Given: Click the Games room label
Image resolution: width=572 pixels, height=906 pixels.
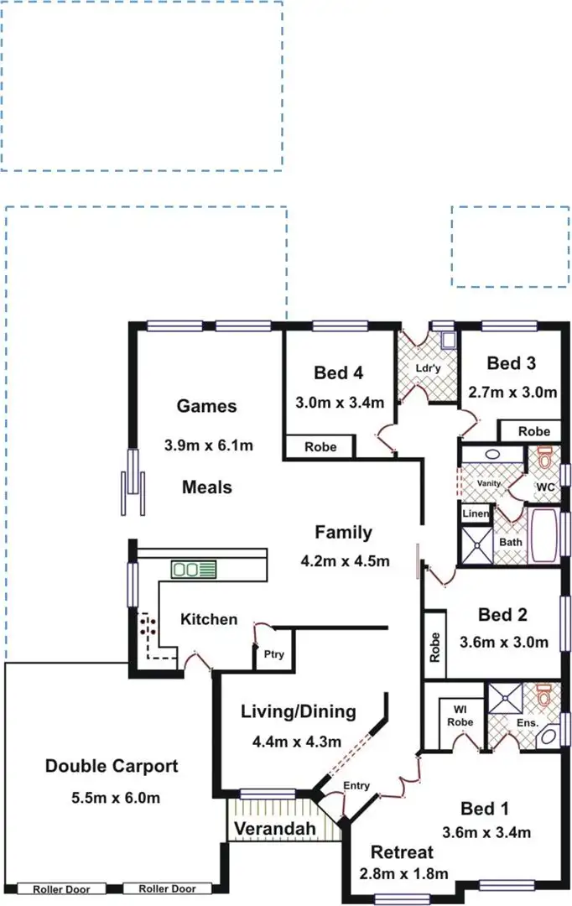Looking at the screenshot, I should coord(206,407).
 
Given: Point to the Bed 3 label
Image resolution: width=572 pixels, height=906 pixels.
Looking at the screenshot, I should coord(512,363).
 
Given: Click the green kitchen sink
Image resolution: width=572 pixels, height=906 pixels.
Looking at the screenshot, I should coord(194,570).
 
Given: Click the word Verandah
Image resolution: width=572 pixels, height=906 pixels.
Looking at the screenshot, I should coord(275,830).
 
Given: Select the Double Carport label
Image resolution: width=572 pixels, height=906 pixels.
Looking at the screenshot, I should coord(112,766).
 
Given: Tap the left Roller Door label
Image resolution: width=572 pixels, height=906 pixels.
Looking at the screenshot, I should coord(58,889).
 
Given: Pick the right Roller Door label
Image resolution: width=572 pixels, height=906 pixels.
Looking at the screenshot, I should coord(167,889).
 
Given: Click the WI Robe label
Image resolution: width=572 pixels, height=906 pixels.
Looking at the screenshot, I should coord(460,716).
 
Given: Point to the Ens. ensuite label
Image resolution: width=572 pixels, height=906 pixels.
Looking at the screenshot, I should coord(526,721).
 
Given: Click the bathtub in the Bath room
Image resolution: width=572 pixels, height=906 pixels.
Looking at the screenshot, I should coord(543,536).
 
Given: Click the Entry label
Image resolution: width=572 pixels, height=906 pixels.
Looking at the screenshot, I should coord(356,786).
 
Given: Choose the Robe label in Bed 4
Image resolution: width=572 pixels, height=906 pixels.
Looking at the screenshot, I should coord(320,447).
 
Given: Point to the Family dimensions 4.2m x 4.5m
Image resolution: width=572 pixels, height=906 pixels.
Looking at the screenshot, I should coord(344,561).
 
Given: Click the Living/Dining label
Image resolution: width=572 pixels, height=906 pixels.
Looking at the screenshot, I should coord(298,712).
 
